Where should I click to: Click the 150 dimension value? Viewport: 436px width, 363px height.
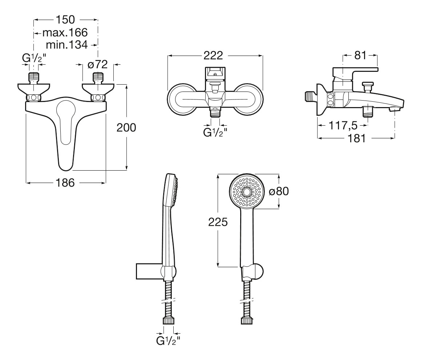point(65,20)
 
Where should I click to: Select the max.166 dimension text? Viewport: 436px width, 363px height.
point(65,33)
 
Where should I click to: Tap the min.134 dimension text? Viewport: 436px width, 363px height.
point(66,45)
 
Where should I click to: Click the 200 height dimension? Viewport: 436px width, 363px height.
point(126,127)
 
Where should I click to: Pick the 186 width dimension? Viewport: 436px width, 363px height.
point(65,183)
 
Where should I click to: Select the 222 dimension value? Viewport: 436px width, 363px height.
point(213,56)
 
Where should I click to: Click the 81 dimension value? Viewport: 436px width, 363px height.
point(360,56)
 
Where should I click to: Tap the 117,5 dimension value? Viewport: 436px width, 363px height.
point(343,125)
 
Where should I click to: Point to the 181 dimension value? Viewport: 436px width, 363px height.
point(357,138)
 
